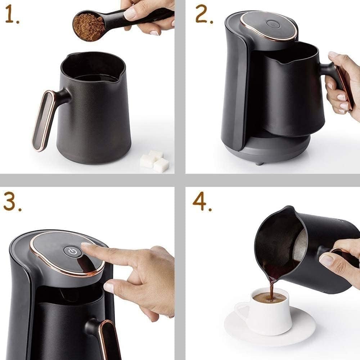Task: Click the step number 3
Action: pos(12,201)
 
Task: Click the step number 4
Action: pos(202,201)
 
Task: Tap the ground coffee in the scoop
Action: pos(89,27)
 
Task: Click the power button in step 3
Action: pos(72,252)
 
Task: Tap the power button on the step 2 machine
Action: pos(272,24)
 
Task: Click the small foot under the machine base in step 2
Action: pos(259,163)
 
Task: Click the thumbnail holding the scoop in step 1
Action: pos(130,14)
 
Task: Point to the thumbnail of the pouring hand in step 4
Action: pos(326,260)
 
